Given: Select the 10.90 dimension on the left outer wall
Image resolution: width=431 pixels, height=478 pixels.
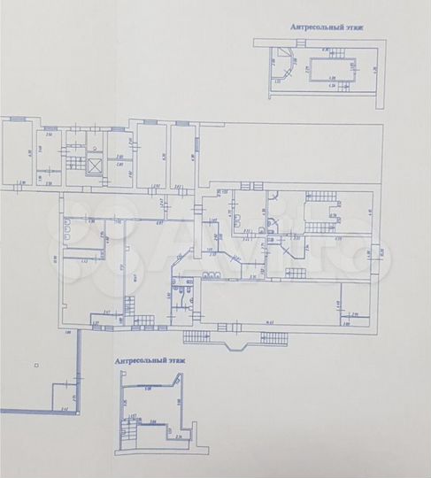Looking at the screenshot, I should (x=55, y=259).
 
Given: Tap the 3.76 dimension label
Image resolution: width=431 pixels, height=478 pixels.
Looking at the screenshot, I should (x=338, y=240).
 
